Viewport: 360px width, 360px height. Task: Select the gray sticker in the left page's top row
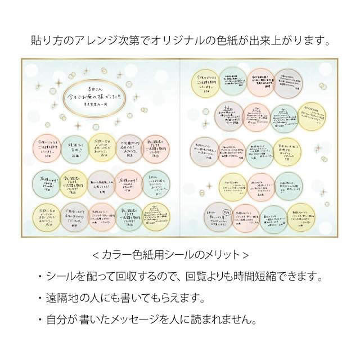click(x=129, y=148)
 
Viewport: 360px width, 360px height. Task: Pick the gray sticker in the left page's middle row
click(x=102, y=183)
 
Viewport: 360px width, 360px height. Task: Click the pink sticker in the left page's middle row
click(x=129, y=183)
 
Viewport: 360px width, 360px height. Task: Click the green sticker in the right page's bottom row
click(x=274, y=219)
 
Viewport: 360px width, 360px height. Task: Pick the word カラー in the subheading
click(x=115, y=255)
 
